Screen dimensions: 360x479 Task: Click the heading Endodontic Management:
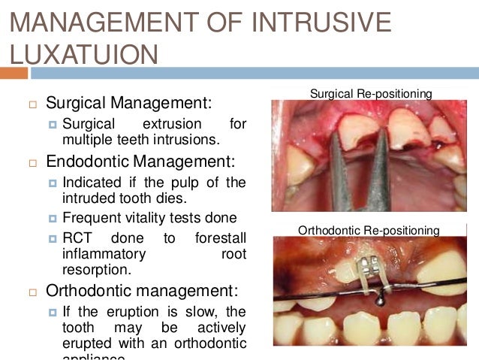[140, 161]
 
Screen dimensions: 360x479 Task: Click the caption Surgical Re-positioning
[371, 94]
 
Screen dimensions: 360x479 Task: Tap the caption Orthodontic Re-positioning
[368, 229]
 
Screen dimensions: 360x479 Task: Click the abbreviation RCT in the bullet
[78, 238]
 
